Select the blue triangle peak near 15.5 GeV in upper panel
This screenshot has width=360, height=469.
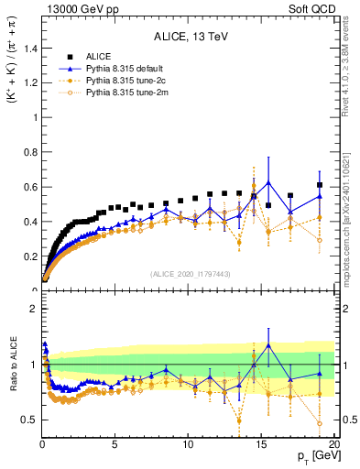(267, 182)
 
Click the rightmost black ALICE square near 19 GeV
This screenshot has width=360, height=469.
(319, 185)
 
